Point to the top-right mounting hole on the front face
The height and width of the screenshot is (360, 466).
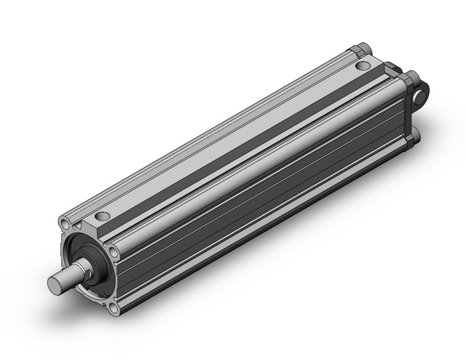[x=115, y=251]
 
